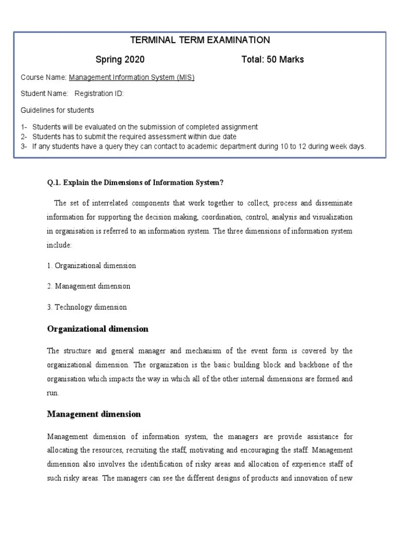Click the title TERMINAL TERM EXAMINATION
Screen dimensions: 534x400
(199, 40)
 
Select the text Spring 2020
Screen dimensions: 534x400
(120, 59)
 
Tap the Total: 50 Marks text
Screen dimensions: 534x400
(272, 59)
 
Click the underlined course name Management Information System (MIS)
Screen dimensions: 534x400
(132, 78)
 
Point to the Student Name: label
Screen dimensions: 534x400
(44, 94)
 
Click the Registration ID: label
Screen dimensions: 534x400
(99, 94)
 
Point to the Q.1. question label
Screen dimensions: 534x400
(55, 182)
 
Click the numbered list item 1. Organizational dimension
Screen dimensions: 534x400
(91, 265)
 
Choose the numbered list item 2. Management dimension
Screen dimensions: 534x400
(89, 286)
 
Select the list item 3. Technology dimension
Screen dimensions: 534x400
(86, 307)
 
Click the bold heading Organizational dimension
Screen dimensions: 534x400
(97, 329)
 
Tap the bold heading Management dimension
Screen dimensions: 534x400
(94, 414)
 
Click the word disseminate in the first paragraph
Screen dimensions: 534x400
(333, 202)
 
